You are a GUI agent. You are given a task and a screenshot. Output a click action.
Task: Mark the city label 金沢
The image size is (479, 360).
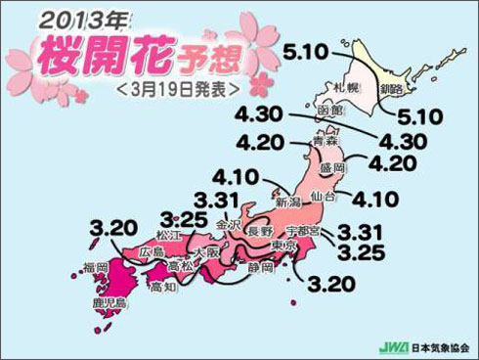[229, 224]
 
